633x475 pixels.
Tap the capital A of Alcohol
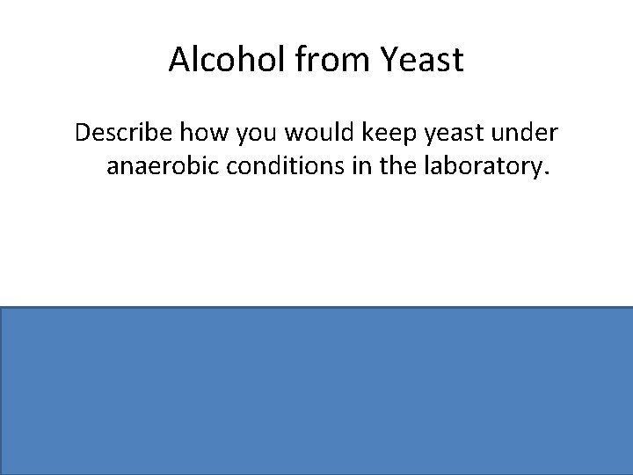(179, 61)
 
